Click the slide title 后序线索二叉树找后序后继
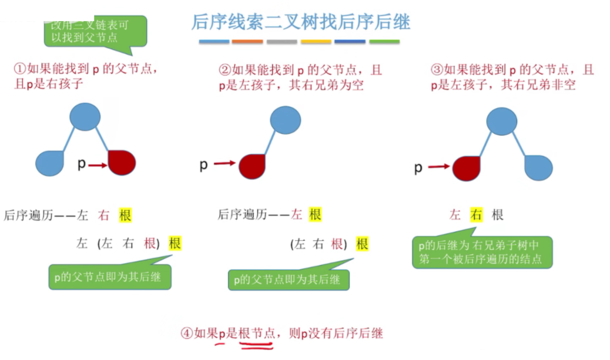300,22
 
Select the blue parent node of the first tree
85,116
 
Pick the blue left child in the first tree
50,163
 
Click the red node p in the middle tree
253,166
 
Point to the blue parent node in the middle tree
286,120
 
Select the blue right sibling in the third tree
538,167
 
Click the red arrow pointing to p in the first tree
98,166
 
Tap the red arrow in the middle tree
224,164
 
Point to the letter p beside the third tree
418,169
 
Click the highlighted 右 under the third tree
475,215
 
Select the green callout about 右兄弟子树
482,251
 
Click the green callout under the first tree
110,275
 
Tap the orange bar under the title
247,42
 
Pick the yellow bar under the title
316,42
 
